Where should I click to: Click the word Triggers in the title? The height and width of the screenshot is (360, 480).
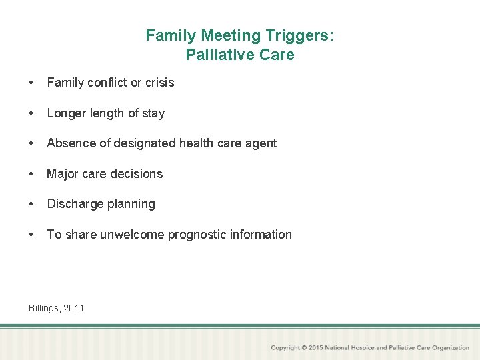301,35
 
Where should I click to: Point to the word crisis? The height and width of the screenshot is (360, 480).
159,83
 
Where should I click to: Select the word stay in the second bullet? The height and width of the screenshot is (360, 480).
153,113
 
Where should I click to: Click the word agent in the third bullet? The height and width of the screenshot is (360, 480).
259,143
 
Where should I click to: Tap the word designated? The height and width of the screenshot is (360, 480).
141,143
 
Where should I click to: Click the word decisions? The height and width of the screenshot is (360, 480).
137,174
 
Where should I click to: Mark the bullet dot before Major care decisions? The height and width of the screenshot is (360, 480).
31,174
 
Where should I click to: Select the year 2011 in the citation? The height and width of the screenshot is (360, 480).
73,308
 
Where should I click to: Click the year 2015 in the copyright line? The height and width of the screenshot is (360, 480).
317,347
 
